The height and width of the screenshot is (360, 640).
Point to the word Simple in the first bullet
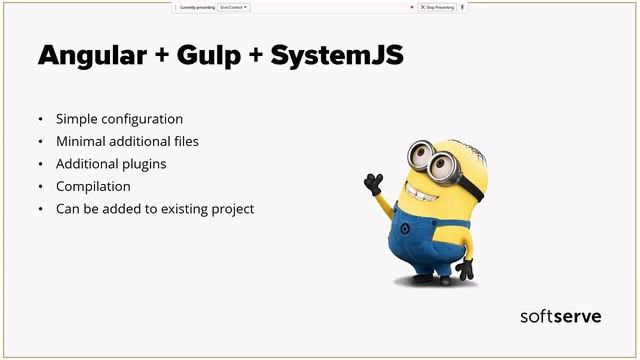tap(77, 119)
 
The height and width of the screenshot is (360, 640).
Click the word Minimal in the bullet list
tap(81, 141)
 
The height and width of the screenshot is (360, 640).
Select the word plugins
tap(142, 163)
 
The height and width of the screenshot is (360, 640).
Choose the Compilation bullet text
tap(94, 186)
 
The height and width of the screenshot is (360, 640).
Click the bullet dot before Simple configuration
tap(40, 119)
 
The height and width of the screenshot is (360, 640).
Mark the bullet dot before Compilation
tap(40, 186)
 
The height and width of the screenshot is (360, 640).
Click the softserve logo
tap(561, 316)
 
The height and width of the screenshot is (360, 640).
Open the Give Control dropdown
tap(233, 7)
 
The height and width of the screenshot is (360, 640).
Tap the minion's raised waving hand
tap(374, 183)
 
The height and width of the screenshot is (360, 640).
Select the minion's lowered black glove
tap(465, 268)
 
